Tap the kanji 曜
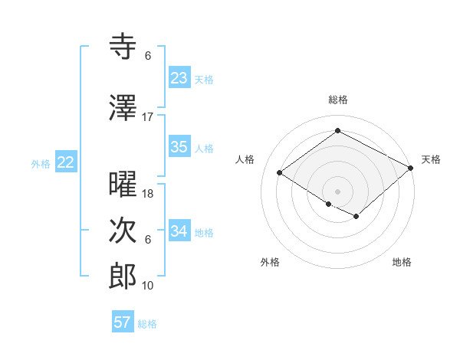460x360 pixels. point(123,185)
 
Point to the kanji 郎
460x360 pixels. point(123,277)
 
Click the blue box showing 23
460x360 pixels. point(179,78)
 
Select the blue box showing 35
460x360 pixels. point(179,147)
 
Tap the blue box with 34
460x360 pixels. point(179,231)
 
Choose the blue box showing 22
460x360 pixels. point(66,162)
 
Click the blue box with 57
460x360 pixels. point(123,322)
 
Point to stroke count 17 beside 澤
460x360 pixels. point(148,116)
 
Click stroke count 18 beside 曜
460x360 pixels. point(148,194)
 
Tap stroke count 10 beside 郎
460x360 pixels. point(148,286)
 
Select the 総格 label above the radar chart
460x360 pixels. point(337,100)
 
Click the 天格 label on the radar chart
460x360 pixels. point(431,159)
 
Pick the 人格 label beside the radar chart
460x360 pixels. point(245,159)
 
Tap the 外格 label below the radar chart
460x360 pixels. point(270,262)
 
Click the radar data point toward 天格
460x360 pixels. point(411,168)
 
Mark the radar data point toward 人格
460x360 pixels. point(280,172)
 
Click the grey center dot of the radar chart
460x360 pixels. point(337,191)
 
